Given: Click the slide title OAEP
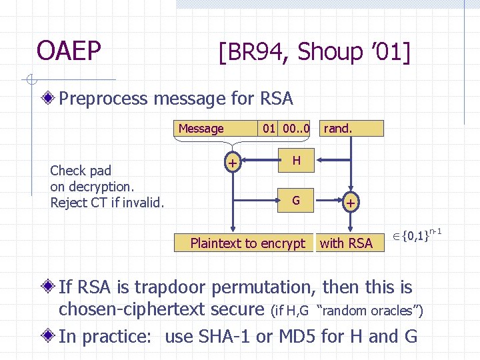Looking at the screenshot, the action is pos(69,51).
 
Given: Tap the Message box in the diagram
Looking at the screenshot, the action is pos(201,129).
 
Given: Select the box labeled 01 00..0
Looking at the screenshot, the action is pos(286,129).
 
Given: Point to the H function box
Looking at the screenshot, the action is pos(296,160).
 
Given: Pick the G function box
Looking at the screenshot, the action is pos(296,200).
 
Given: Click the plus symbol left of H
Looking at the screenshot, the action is pos(232,162).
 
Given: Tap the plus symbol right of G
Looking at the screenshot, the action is pos(349,202).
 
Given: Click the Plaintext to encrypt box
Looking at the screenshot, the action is pos(247,243).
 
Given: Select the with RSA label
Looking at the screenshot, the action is pos(346,243).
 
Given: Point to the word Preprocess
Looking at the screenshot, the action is pos(103,99).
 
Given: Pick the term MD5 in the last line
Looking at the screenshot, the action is pos(293,336).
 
